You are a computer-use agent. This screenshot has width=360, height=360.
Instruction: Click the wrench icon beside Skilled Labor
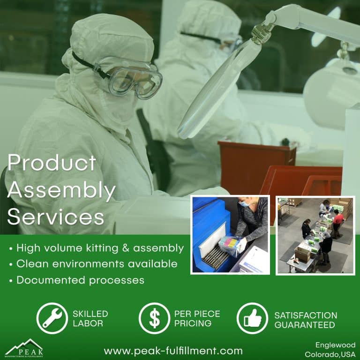point(52,318)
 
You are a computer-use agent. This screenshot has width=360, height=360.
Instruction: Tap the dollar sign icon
point(154,318)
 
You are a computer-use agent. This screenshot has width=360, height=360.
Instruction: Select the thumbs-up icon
point(252,318)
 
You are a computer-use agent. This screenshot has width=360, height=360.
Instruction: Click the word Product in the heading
point(52,163)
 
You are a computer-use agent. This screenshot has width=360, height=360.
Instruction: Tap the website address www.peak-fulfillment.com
point(173,351)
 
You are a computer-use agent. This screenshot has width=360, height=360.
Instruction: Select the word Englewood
point(335,345)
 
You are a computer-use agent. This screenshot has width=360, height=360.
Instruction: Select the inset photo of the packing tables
point(315,234)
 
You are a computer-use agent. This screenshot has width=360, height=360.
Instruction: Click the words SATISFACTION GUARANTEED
point(305,320)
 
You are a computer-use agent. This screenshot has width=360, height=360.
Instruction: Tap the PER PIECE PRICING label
point(197,318)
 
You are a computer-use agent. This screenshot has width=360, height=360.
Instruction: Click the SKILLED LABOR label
point(90,318)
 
